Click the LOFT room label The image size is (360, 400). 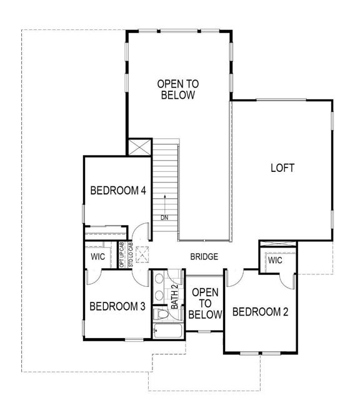pos(282,168)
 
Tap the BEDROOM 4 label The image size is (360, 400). pos(118,191)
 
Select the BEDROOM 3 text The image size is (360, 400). pos(117,306)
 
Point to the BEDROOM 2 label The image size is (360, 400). pos(260,312)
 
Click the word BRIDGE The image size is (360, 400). pos(204,257)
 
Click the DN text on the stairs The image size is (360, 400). pos(164,217)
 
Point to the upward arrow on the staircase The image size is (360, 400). pos(164,204)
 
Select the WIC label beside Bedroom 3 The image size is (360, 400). pos(99,257)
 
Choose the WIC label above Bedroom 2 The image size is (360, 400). pos(276,260)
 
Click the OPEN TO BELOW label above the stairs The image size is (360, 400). pos(178,89)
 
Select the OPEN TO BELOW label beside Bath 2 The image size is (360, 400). pos(206,304)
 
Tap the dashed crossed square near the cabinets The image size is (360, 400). pos(142,252)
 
